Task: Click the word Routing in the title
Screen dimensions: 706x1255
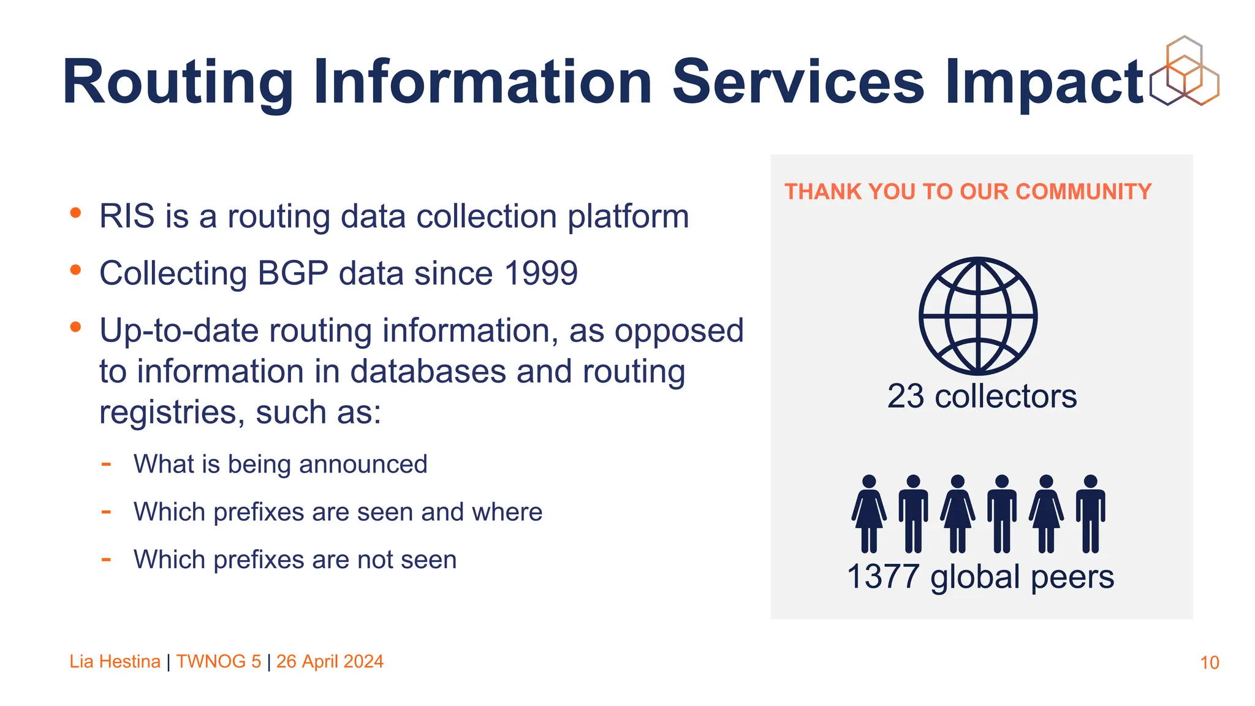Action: (178, 83)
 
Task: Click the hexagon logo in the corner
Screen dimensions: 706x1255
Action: (1185, 71)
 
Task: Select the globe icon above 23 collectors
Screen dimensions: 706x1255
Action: (978, 316)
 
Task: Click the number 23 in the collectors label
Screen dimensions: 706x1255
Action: (905, 397)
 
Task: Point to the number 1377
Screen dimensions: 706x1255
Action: (883, 577)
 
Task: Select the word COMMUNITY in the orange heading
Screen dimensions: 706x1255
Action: (1083, 192)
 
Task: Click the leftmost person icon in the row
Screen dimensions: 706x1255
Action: (869, 514)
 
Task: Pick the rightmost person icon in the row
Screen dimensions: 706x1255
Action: (1091, 514)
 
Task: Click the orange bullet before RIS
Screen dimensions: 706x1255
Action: (75, 213)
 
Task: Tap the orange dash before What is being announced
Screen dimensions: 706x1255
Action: (106, 464)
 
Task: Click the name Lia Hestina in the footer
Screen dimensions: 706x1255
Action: (115, 662)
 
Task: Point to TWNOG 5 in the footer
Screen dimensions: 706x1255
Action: (218, 662)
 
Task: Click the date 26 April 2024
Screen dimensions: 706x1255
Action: (330, 662)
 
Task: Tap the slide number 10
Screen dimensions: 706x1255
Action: (1209, 662)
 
